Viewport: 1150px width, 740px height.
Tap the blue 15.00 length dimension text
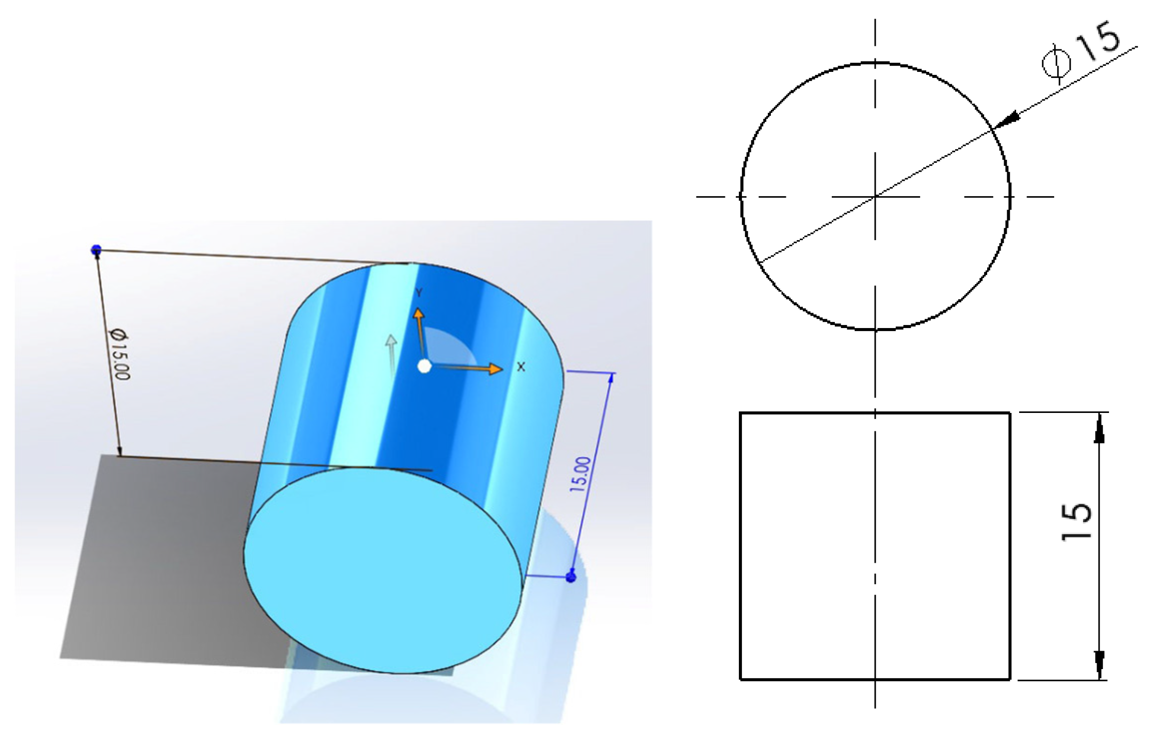point(581,474)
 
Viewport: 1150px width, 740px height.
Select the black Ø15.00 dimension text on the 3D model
point(119,354)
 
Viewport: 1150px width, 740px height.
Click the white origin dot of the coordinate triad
point(424,367)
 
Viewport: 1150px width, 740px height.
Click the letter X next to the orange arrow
point(521,367)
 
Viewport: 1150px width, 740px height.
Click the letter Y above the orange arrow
point(420,293)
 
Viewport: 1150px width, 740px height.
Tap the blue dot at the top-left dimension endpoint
point(96,249)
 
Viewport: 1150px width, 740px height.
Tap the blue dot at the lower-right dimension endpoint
point(571,577)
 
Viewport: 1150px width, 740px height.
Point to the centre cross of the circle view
point(875,196)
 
